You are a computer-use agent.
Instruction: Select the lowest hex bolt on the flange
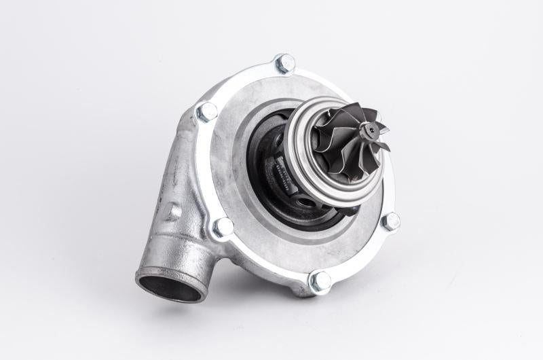pyautogui.click(x=320, y=280)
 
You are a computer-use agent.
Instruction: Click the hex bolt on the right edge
pyautogui.click(x=390, y=221)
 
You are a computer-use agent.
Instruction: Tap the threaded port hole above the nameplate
pyautogui.click(x=273, y=129)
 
